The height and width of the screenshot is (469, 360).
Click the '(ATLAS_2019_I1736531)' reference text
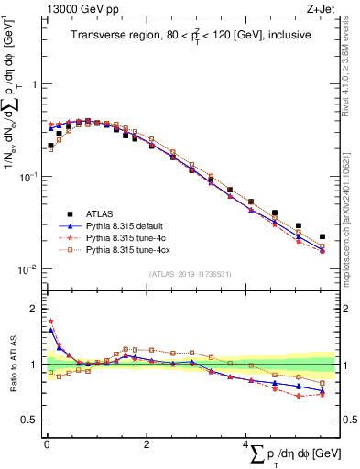(190, 274)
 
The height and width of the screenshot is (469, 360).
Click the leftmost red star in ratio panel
(50, 322)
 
